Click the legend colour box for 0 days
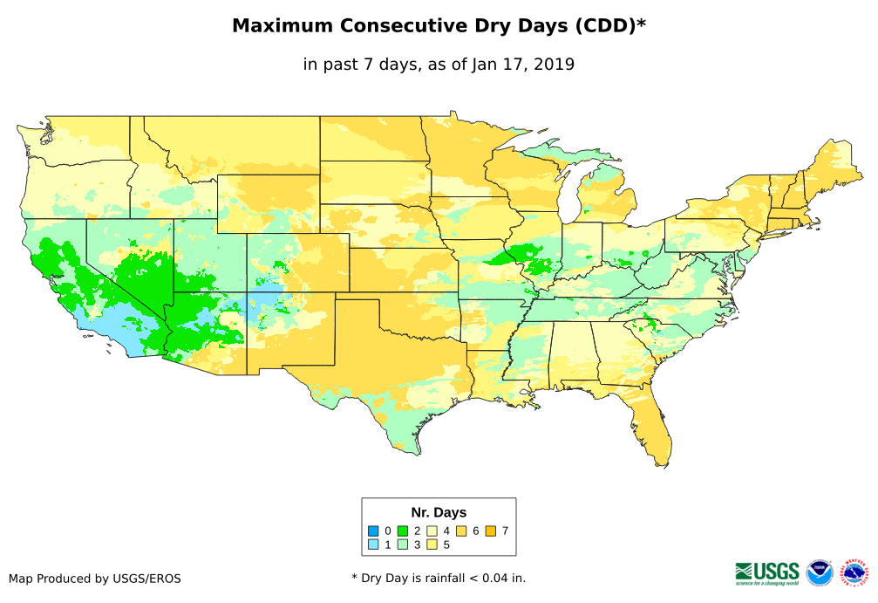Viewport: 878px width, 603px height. pos(373,531)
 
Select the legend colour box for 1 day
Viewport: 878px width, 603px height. pos(373,545)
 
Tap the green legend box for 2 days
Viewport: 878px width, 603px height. pos(403,531)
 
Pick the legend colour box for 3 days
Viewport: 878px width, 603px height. pos(403,545)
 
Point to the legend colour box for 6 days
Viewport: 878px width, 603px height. pos(461,531)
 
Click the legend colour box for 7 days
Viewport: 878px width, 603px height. pos(491,531)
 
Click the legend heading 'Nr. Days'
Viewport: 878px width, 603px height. pos(439,512)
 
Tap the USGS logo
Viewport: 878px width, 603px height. pos(767,572)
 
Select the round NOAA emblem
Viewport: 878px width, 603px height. pos(820,572)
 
